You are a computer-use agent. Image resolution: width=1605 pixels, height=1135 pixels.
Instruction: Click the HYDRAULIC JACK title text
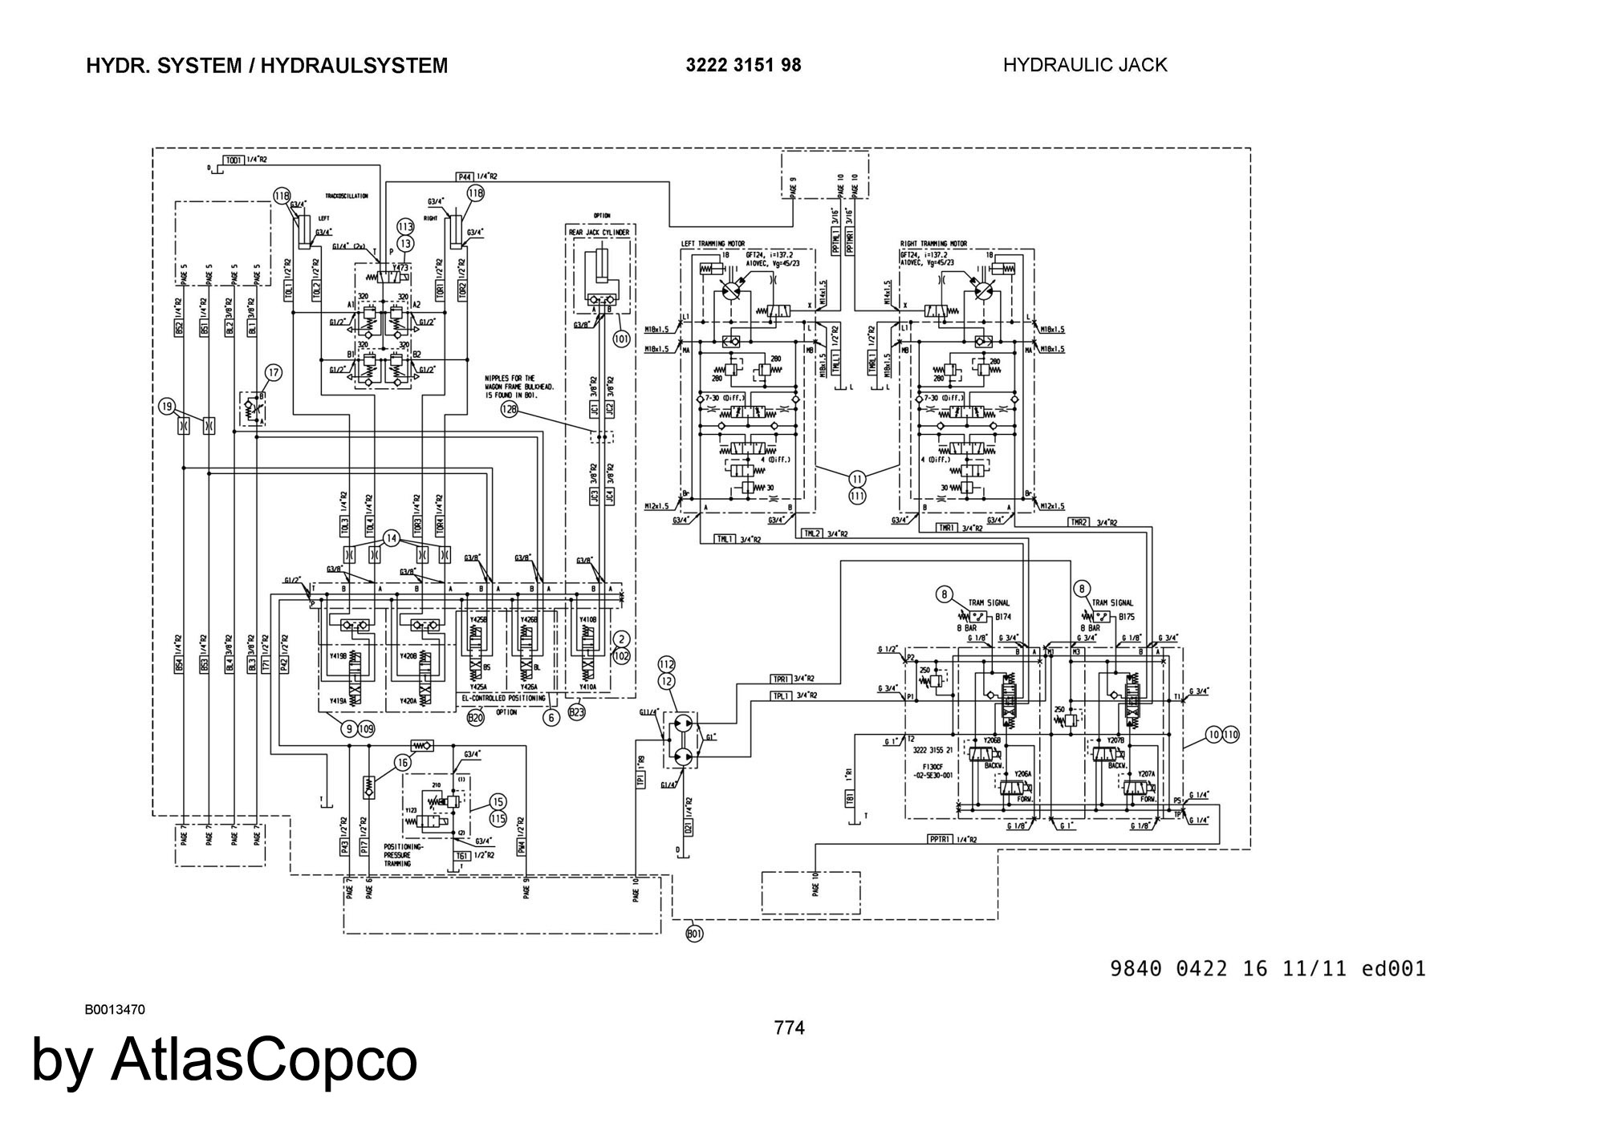click(x=1085, y=65)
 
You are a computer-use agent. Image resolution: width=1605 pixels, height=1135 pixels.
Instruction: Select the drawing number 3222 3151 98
click(x=743, y=65)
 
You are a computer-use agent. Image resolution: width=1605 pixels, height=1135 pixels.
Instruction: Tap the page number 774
click(x=789, y=1028)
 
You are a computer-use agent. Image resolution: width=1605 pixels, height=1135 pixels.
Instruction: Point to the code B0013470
click(x=115, y=1010)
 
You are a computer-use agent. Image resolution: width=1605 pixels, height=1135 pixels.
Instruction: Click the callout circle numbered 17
click(x=274, y=372)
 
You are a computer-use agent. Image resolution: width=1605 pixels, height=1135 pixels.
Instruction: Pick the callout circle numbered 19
click(x=166, y=407)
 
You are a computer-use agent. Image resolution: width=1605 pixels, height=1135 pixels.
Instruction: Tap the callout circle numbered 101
click(x=620, y=338)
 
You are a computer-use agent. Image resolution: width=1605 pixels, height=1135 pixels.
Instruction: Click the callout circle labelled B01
click(x=694, y=934)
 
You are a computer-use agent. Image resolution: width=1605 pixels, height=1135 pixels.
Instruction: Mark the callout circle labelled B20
click(x=475, y=718)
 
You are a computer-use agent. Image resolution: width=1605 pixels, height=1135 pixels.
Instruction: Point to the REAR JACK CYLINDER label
click(x=599, y=233)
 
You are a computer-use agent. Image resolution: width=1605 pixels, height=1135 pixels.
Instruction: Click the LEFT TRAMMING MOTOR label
click(x=712, y=244)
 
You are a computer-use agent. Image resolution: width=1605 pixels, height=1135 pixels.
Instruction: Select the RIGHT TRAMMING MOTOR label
click(x=933, y=244)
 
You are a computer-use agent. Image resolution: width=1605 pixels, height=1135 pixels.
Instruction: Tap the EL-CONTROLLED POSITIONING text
click(x=503, y=699)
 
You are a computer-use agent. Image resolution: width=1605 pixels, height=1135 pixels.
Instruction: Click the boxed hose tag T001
click(x=233, y=160)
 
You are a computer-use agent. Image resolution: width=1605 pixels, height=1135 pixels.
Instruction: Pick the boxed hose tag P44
click(x=465, y=176)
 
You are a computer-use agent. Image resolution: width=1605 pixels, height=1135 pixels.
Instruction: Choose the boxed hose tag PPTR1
click(x=940, y=839)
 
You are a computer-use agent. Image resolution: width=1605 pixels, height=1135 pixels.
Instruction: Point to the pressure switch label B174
click(x=1003, y=618)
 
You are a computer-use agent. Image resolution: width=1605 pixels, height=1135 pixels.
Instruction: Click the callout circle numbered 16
click(x=402, y=763)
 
